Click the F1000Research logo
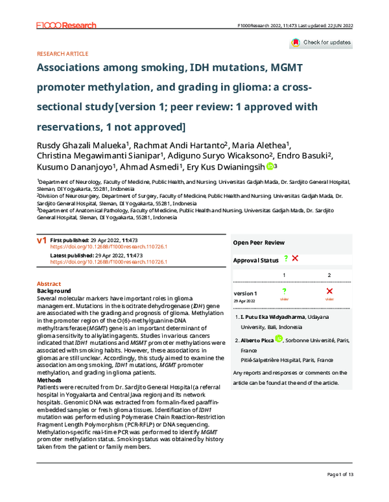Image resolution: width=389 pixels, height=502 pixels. click(66, 25)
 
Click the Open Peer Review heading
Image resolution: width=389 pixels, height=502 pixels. click(258, 261)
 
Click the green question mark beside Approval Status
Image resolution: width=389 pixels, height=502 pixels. click(285, 277)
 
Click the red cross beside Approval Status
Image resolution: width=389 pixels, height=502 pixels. click(296, 277)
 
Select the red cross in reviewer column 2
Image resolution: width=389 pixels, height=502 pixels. click(329, 292)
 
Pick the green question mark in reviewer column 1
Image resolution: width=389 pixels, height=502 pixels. click(284, 292)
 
